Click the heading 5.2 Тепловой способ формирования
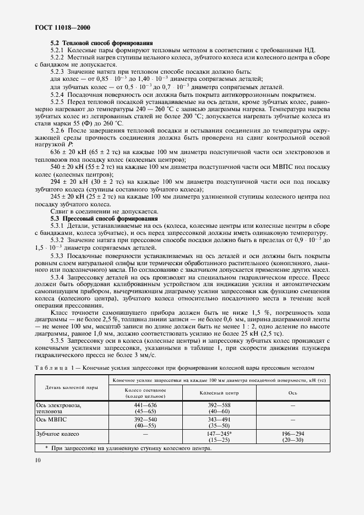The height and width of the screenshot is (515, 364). click(102, 43)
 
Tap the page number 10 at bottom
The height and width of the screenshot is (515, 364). click(28, 459)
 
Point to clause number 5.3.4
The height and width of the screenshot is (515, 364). click(58, 278)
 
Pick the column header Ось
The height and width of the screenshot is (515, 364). click(292, 392)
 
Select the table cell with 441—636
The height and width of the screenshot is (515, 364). click(145, 405)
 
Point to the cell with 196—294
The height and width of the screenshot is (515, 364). click(292, 434)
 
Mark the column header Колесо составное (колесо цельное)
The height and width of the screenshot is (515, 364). click(145, 392)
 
